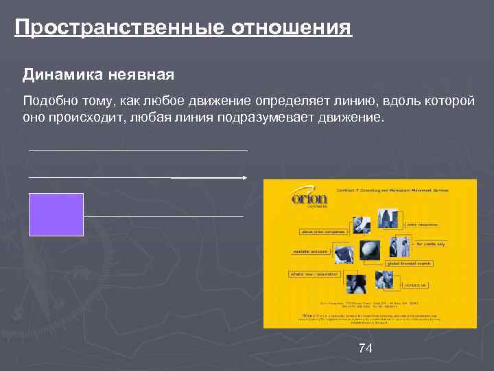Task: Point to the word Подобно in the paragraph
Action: [47, 101]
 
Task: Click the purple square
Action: [56, 214]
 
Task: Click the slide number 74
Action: [366, 349]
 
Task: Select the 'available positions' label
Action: [310, 253]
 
